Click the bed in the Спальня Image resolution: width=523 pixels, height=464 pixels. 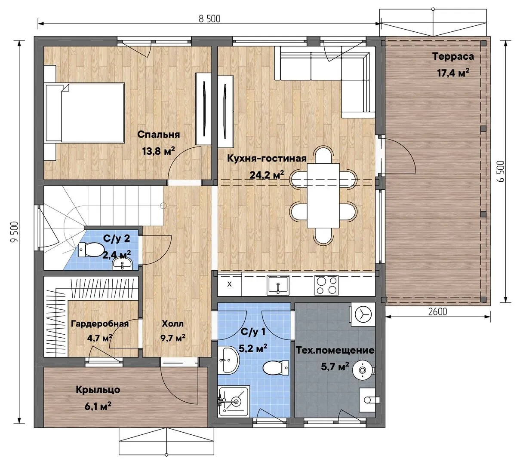(x=85, y=113)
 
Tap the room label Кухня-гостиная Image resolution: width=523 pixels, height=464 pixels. (x=267, y=158)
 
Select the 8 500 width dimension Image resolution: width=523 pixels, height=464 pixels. (x=209, y=19)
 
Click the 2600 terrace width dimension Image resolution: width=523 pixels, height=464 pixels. (x=437, y=312)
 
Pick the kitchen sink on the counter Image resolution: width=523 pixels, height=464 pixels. (x=278, y=285)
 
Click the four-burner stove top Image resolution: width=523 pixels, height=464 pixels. (x=326, y=285)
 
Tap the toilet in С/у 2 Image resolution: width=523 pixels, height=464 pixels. (x=90, y=250)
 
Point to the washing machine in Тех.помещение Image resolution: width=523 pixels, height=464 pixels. (x=362, y=314)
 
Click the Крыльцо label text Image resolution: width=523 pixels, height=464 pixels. (x=98, y=390)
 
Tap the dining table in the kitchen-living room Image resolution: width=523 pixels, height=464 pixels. (x=323, y=195)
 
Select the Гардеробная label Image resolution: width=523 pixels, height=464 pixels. (x=100, y=324)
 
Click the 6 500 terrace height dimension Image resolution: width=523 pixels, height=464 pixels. (x=500, y=171)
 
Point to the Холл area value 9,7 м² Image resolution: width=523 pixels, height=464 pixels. (x=173, y=338)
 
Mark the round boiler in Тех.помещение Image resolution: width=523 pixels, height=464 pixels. (x=363, y=370)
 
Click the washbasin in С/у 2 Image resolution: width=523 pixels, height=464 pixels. (x=122, y=264)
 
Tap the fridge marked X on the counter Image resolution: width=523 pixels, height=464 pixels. (x=229, y=284)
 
